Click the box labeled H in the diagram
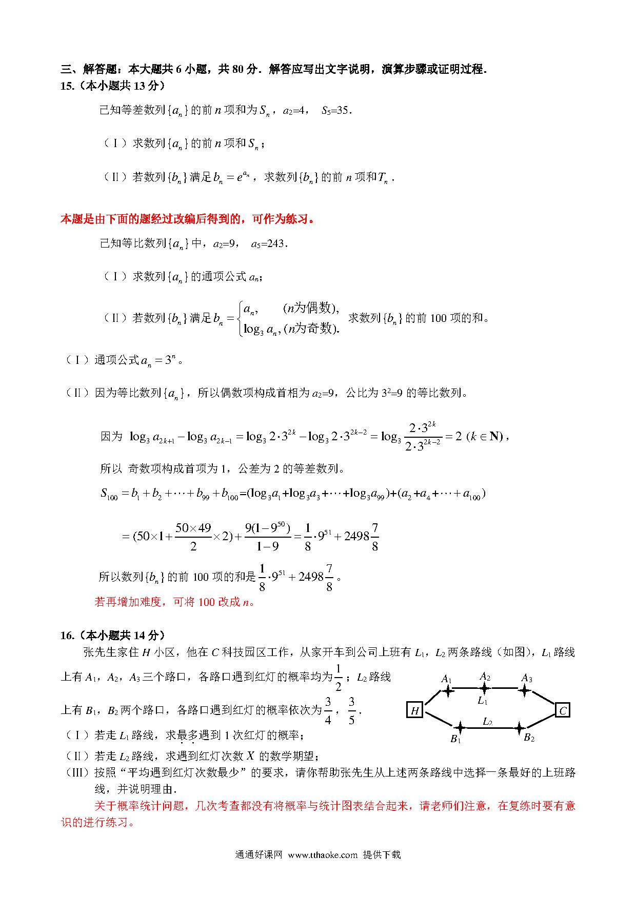coord(414,710)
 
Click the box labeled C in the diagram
coord(563,710)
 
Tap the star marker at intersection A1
coord(448,691)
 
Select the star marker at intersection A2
coord(484,688)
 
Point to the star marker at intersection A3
coord(524,690)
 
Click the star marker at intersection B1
coord(460,727)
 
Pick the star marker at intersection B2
coord(520,728)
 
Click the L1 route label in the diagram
coord(482,701)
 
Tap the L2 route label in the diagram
coord(487,722)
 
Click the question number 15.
coord(67,86)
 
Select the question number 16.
coord(67,636)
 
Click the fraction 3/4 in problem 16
coord(328,710)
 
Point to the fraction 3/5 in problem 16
coord(351,710)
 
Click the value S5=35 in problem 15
coord(336,110)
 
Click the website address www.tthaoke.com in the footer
coord(322,854)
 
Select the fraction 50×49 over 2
coord(193,536)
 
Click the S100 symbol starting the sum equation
coord(109,494)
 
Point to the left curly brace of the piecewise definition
coord(240,318)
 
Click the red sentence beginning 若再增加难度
coord(174,602)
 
